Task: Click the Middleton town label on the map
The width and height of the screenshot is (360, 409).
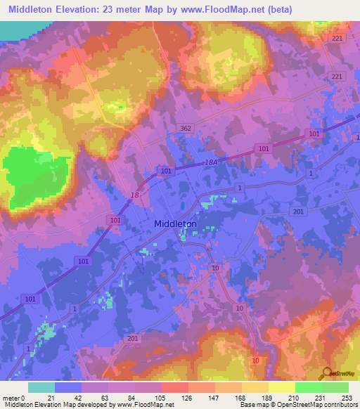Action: pos(175,223)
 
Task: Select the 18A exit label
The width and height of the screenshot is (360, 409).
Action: pos(212,162)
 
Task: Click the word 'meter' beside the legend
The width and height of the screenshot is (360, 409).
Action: pos(12,398)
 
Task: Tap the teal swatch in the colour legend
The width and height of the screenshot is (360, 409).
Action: pos(41,387)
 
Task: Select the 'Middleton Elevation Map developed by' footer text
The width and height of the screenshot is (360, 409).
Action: pos(47,405)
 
